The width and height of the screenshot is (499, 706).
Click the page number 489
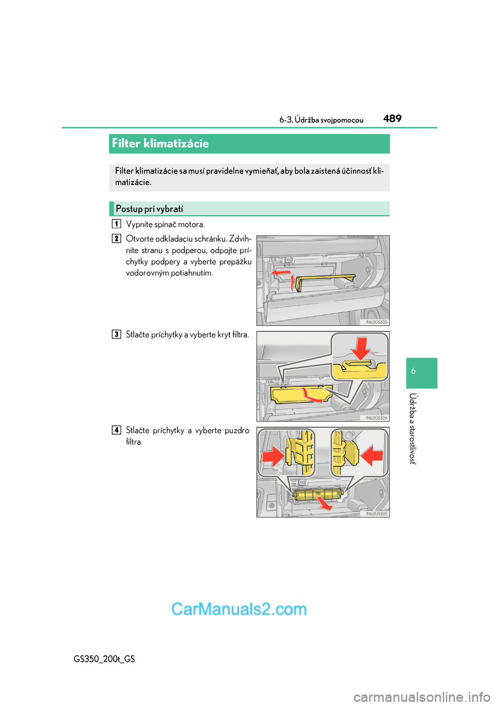[392, 119]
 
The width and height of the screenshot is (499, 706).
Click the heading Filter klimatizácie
[160, 143]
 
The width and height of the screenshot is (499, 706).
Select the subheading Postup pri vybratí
[149, 209]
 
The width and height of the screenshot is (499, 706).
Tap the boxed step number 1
[116, 224]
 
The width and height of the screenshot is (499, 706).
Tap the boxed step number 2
[116, 239]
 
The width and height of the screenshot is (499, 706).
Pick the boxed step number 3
[116, 334]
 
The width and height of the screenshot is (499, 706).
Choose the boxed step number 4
[116, 430]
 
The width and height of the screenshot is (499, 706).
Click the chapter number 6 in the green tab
[413, 371]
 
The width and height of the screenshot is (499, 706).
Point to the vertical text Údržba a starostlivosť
[413, 428]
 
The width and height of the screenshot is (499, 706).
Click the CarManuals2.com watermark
[239, 609]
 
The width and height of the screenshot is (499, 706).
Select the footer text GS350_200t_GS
[104, 659]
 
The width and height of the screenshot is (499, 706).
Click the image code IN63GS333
[376, 322]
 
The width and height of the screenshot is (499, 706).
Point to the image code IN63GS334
[376, 418]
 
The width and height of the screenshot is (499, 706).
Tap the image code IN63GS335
[376, 514]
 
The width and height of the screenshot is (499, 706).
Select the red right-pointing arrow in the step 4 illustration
[273, 456]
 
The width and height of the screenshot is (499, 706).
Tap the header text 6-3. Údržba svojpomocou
[321, 120]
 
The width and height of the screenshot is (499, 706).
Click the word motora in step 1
[191, 225]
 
